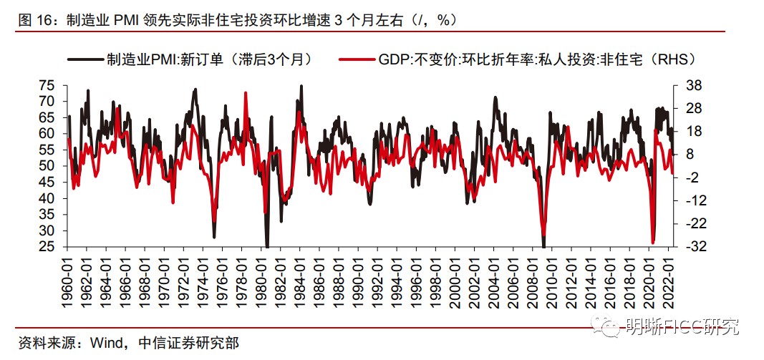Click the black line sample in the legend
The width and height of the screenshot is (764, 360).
coord(84,60)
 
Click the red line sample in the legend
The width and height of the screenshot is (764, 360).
coord(358,60)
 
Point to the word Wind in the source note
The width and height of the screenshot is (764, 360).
coord(107,343)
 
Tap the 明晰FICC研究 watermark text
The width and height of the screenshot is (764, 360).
coord(680,328)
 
